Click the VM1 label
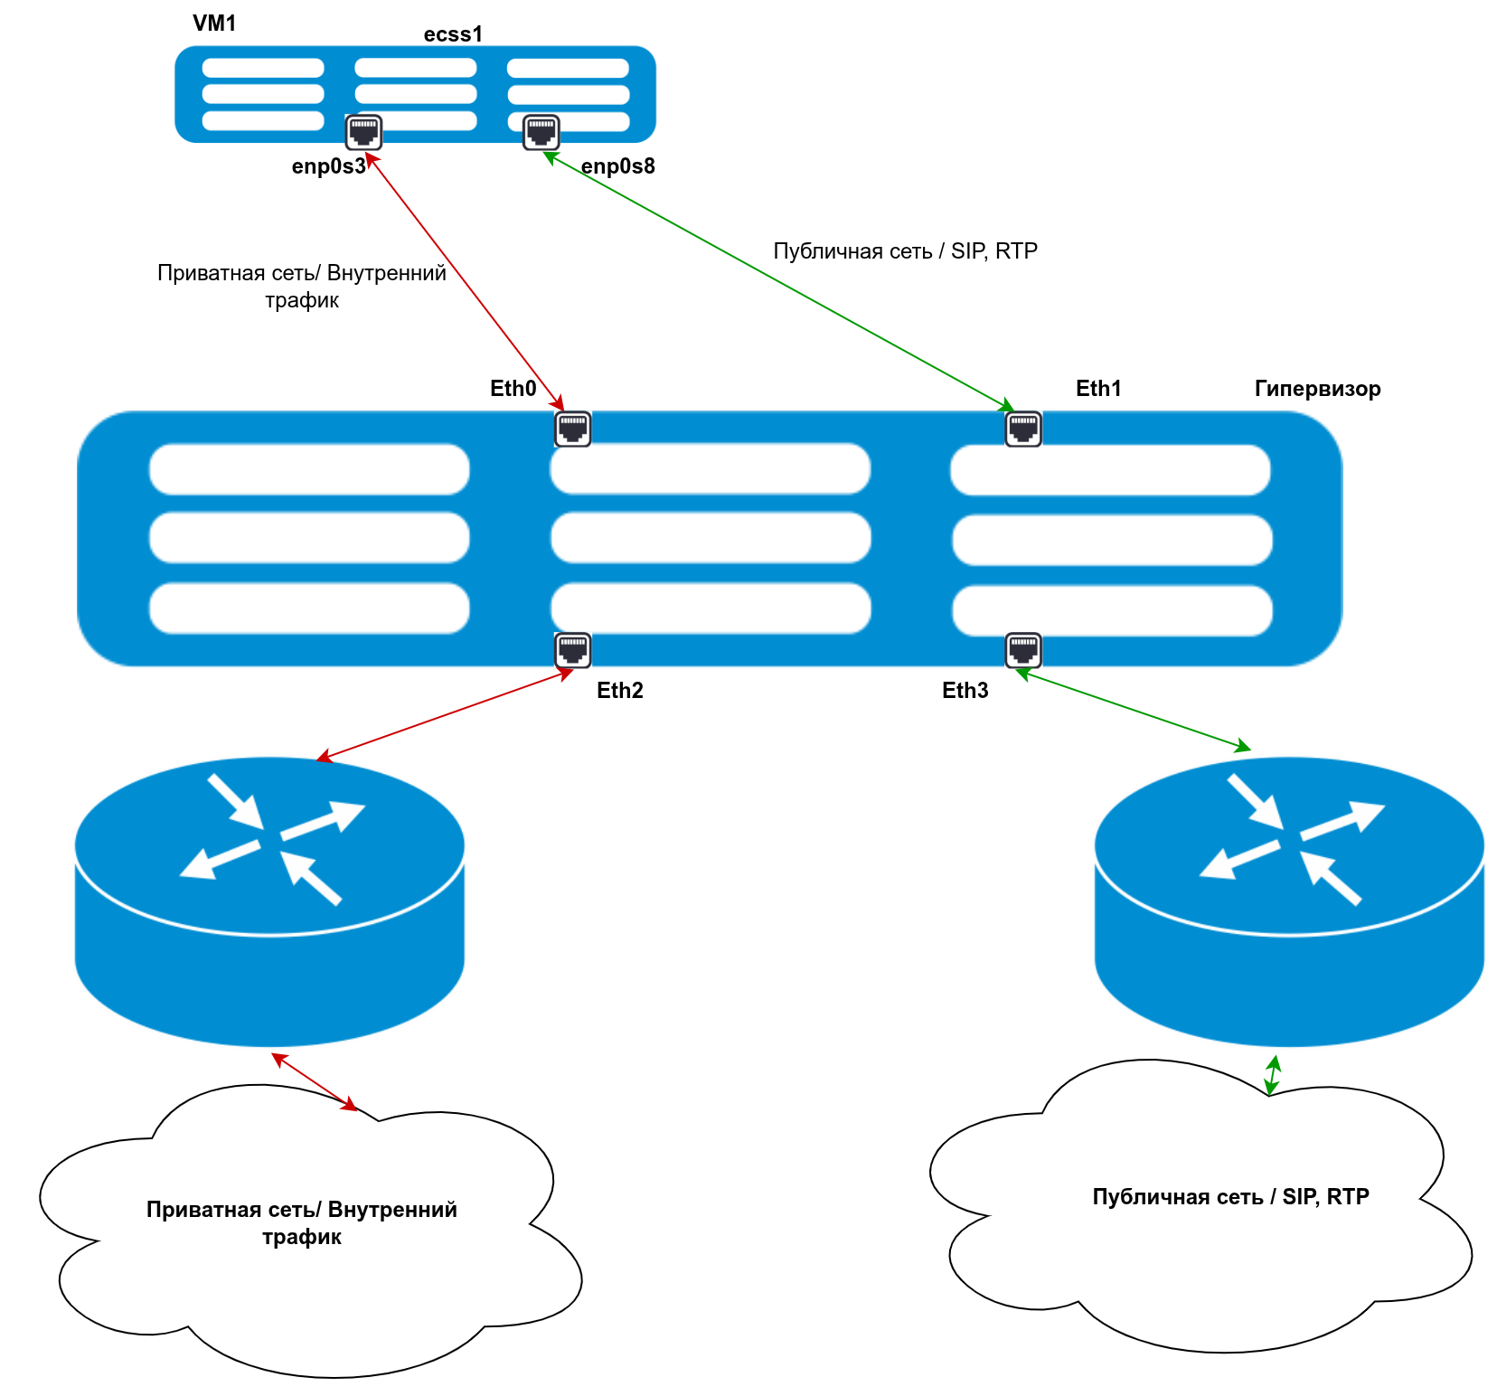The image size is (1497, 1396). [214, 24]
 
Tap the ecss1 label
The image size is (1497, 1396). [453, 34]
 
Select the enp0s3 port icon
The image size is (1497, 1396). [363, 132]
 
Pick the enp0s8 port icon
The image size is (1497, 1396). [541, 132]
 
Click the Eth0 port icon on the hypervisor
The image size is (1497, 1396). [572, 429]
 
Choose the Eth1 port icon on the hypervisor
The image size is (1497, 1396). [1023, 429]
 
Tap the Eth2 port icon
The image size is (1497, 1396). [572, 649]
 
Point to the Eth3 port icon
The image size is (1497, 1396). [1023, 649]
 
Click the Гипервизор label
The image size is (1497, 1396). [1317, 389]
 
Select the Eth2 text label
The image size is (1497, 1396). [619, 691]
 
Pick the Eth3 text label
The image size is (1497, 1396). [965, 691]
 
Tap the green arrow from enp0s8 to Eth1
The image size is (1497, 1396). [777, 281]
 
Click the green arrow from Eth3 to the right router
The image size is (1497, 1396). [1134, 710]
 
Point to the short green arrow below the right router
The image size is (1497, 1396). [1273, 1075]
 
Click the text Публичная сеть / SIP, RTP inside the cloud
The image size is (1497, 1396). [1230, 1197]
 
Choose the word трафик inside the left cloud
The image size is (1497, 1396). [302, 1237]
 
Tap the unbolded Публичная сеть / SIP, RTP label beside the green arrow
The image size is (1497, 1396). [905, 251]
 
